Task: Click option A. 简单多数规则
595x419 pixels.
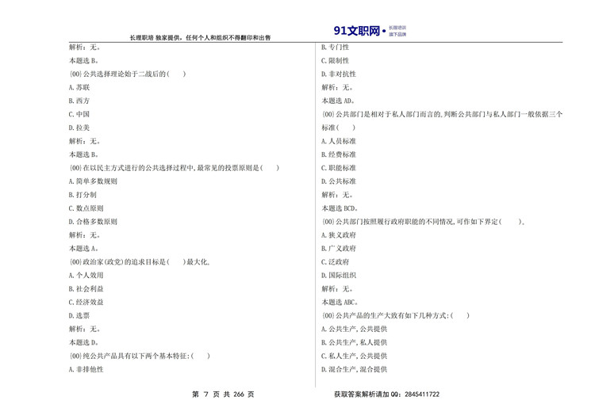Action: [93, 181]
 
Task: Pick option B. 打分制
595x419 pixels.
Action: [83, 195]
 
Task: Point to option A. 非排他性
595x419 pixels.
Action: [86, 370]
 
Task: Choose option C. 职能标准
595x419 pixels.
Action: [339, 168]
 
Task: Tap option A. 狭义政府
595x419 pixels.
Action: [339, 235]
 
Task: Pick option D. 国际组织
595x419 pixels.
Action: [339, 276]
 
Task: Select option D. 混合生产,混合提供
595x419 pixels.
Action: [355, 370]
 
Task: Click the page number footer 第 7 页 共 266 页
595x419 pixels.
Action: [223, 394]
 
